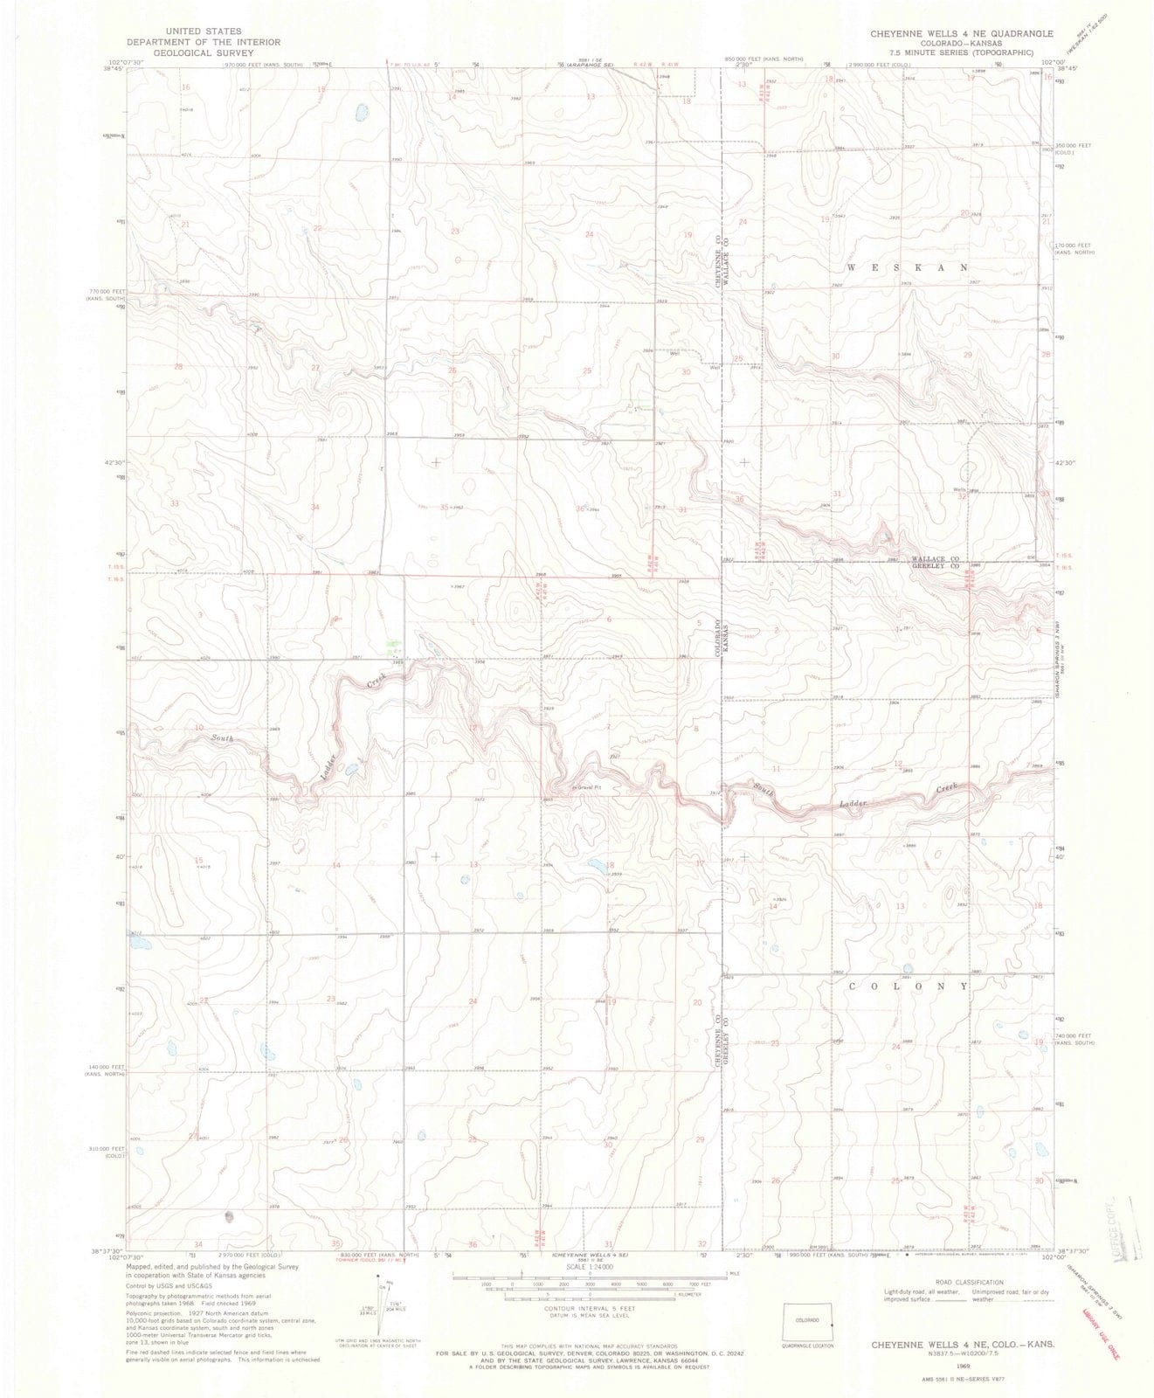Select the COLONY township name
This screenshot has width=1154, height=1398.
909,986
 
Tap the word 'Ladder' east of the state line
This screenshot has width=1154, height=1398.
852,802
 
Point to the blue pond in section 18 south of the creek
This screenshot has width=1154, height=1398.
595,865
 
